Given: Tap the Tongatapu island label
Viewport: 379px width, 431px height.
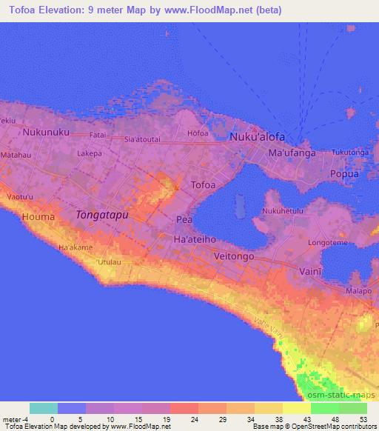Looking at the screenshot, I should [102, 214].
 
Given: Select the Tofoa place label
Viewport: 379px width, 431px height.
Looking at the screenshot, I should [204, 185].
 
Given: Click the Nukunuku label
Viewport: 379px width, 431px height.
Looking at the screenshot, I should [46, 133].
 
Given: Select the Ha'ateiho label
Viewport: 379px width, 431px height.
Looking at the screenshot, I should [194, 241].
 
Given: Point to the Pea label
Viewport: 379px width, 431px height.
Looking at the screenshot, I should [184, 220].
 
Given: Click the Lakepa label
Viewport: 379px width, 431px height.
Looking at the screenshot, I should [89, 153].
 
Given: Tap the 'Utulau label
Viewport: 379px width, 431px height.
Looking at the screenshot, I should [108, 263].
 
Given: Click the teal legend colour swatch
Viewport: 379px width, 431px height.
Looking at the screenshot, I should [44, 408].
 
